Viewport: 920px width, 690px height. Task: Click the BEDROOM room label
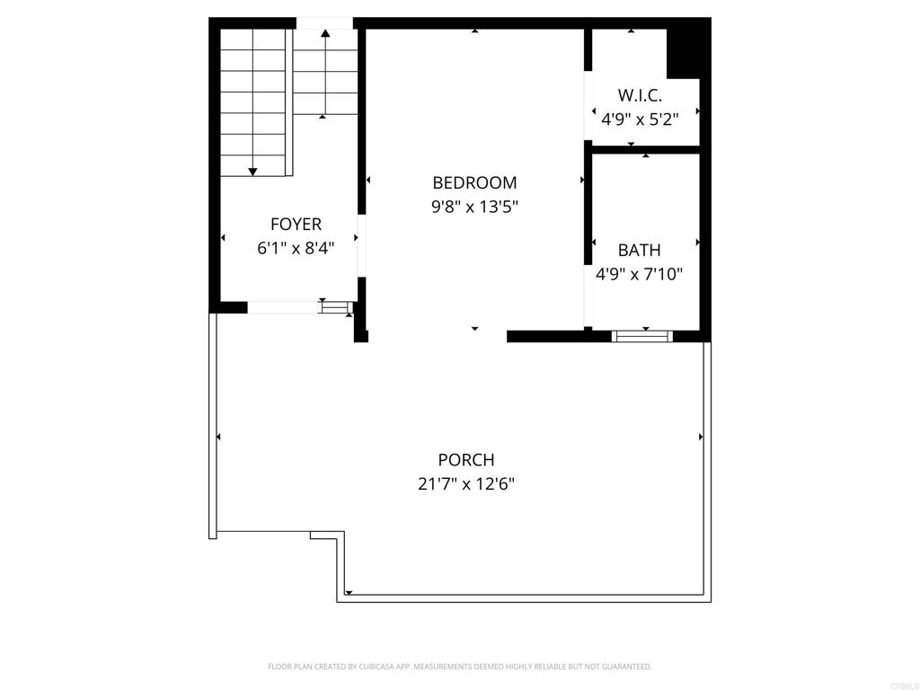[474, 183]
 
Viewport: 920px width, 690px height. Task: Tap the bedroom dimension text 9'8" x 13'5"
[474, 208]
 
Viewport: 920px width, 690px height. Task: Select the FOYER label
[296, 224]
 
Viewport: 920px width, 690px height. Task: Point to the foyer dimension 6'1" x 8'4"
[296, 248]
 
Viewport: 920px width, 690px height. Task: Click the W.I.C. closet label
[640, 95]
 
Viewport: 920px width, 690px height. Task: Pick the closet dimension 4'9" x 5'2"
[640, 119]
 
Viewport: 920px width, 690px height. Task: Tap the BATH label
[639, 250]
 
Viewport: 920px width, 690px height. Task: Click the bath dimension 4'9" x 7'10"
[639, 274]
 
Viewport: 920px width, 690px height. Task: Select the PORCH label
[466, 459]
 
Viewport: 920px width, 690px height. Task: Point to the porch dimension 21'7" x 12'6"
[466, 484]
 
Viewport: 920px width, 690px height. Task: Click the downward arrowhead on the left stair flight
[252, 172]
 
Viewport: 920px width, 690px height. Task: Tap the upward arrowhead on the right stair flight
[325, 33]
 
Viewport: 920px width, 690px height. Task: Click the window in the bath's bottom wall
[641, 336]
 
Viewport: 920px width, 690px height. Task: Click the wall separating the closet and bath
[645, 150]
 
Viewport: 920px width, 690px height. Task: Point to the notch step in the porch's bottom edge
[326, 535]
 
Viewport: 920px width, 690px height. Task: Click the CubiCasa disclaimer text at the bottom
[460, 667]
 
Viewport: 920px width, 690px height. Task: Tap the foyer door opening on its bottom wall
[283, 307]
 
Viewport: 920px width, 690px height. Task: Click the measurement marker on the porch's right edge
[701, 438]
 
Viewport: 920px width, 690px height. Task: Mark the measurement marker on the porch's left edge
[218, 438]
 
